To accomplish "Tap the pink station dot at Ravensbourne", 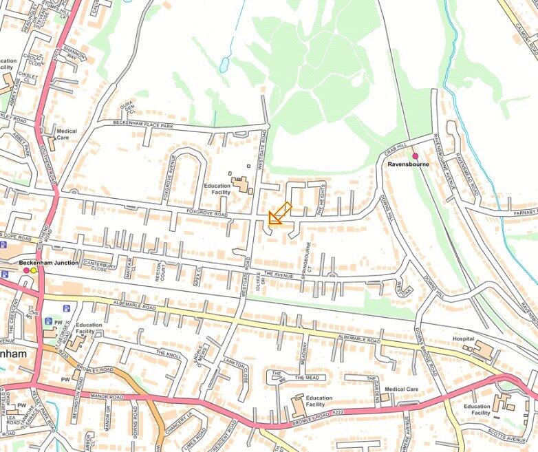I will [415, 156].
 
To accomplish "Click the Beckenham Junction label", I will [49, 263].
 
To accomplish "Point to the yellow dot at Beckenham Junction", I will [34, 270].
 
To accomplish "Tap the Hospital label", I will [464, 339].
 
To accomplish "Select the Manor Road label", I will [105, 397].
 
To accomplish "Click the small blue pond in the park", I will [224, 65].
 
